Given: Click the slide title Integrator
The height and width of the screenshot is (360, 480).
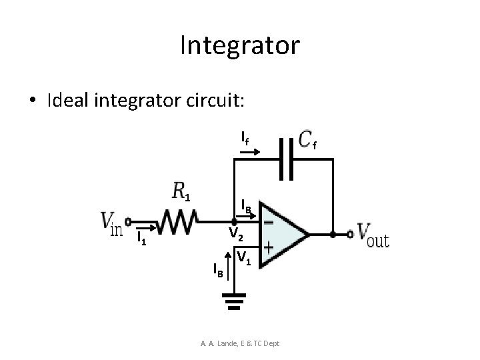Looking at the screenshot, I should coord(240,45).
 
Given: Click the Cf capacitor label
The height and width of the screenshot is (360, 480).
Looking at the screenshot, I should coord(309,141).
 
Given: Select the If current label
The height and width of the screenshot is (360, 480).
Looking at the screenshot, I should coord(245,140).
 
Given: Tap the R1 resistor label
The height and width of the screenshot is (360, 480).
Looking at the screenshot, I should coord(181,193).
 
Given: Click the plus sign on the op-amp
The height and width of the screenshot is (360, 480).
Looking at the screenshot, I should coord(269,247).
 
